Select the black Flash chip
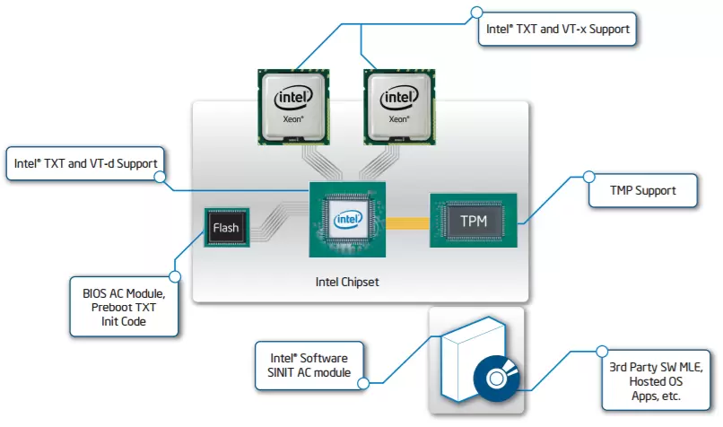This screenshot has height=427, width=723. pyautogui.click(x=226, y=227)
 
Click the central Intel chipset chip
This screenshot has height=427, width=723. pyautogui.click(x=347, y=221)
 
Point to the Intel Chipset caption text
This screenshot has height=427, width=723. pyautogui.click(x=347, y=282)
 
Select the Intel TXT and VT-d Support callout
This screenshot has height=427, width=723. pyautogui.click(x=85, y=164)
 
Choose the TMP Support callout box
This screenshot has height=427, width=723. pyautogui.click(x=641, y=190)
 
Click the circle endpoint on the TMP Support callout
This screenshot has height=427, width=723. pyautogui.click(x=589, y=176)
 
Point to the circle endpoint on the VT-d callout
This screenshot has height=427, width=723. pyautogui.click(x=161, y=178)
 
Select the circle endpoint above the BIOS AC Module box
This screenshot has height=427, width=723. pyautogui.click(x=174, y=277)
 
